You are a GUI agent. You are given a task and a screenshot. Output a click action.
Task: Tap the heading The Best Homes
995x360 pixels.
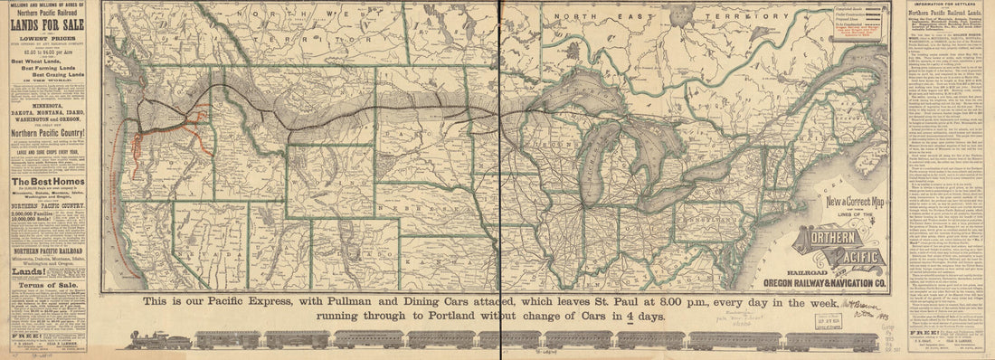[47, 182]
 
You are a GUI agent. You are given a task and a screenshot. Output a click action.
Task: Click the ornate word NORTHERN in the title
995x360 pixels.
[839, 238]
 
